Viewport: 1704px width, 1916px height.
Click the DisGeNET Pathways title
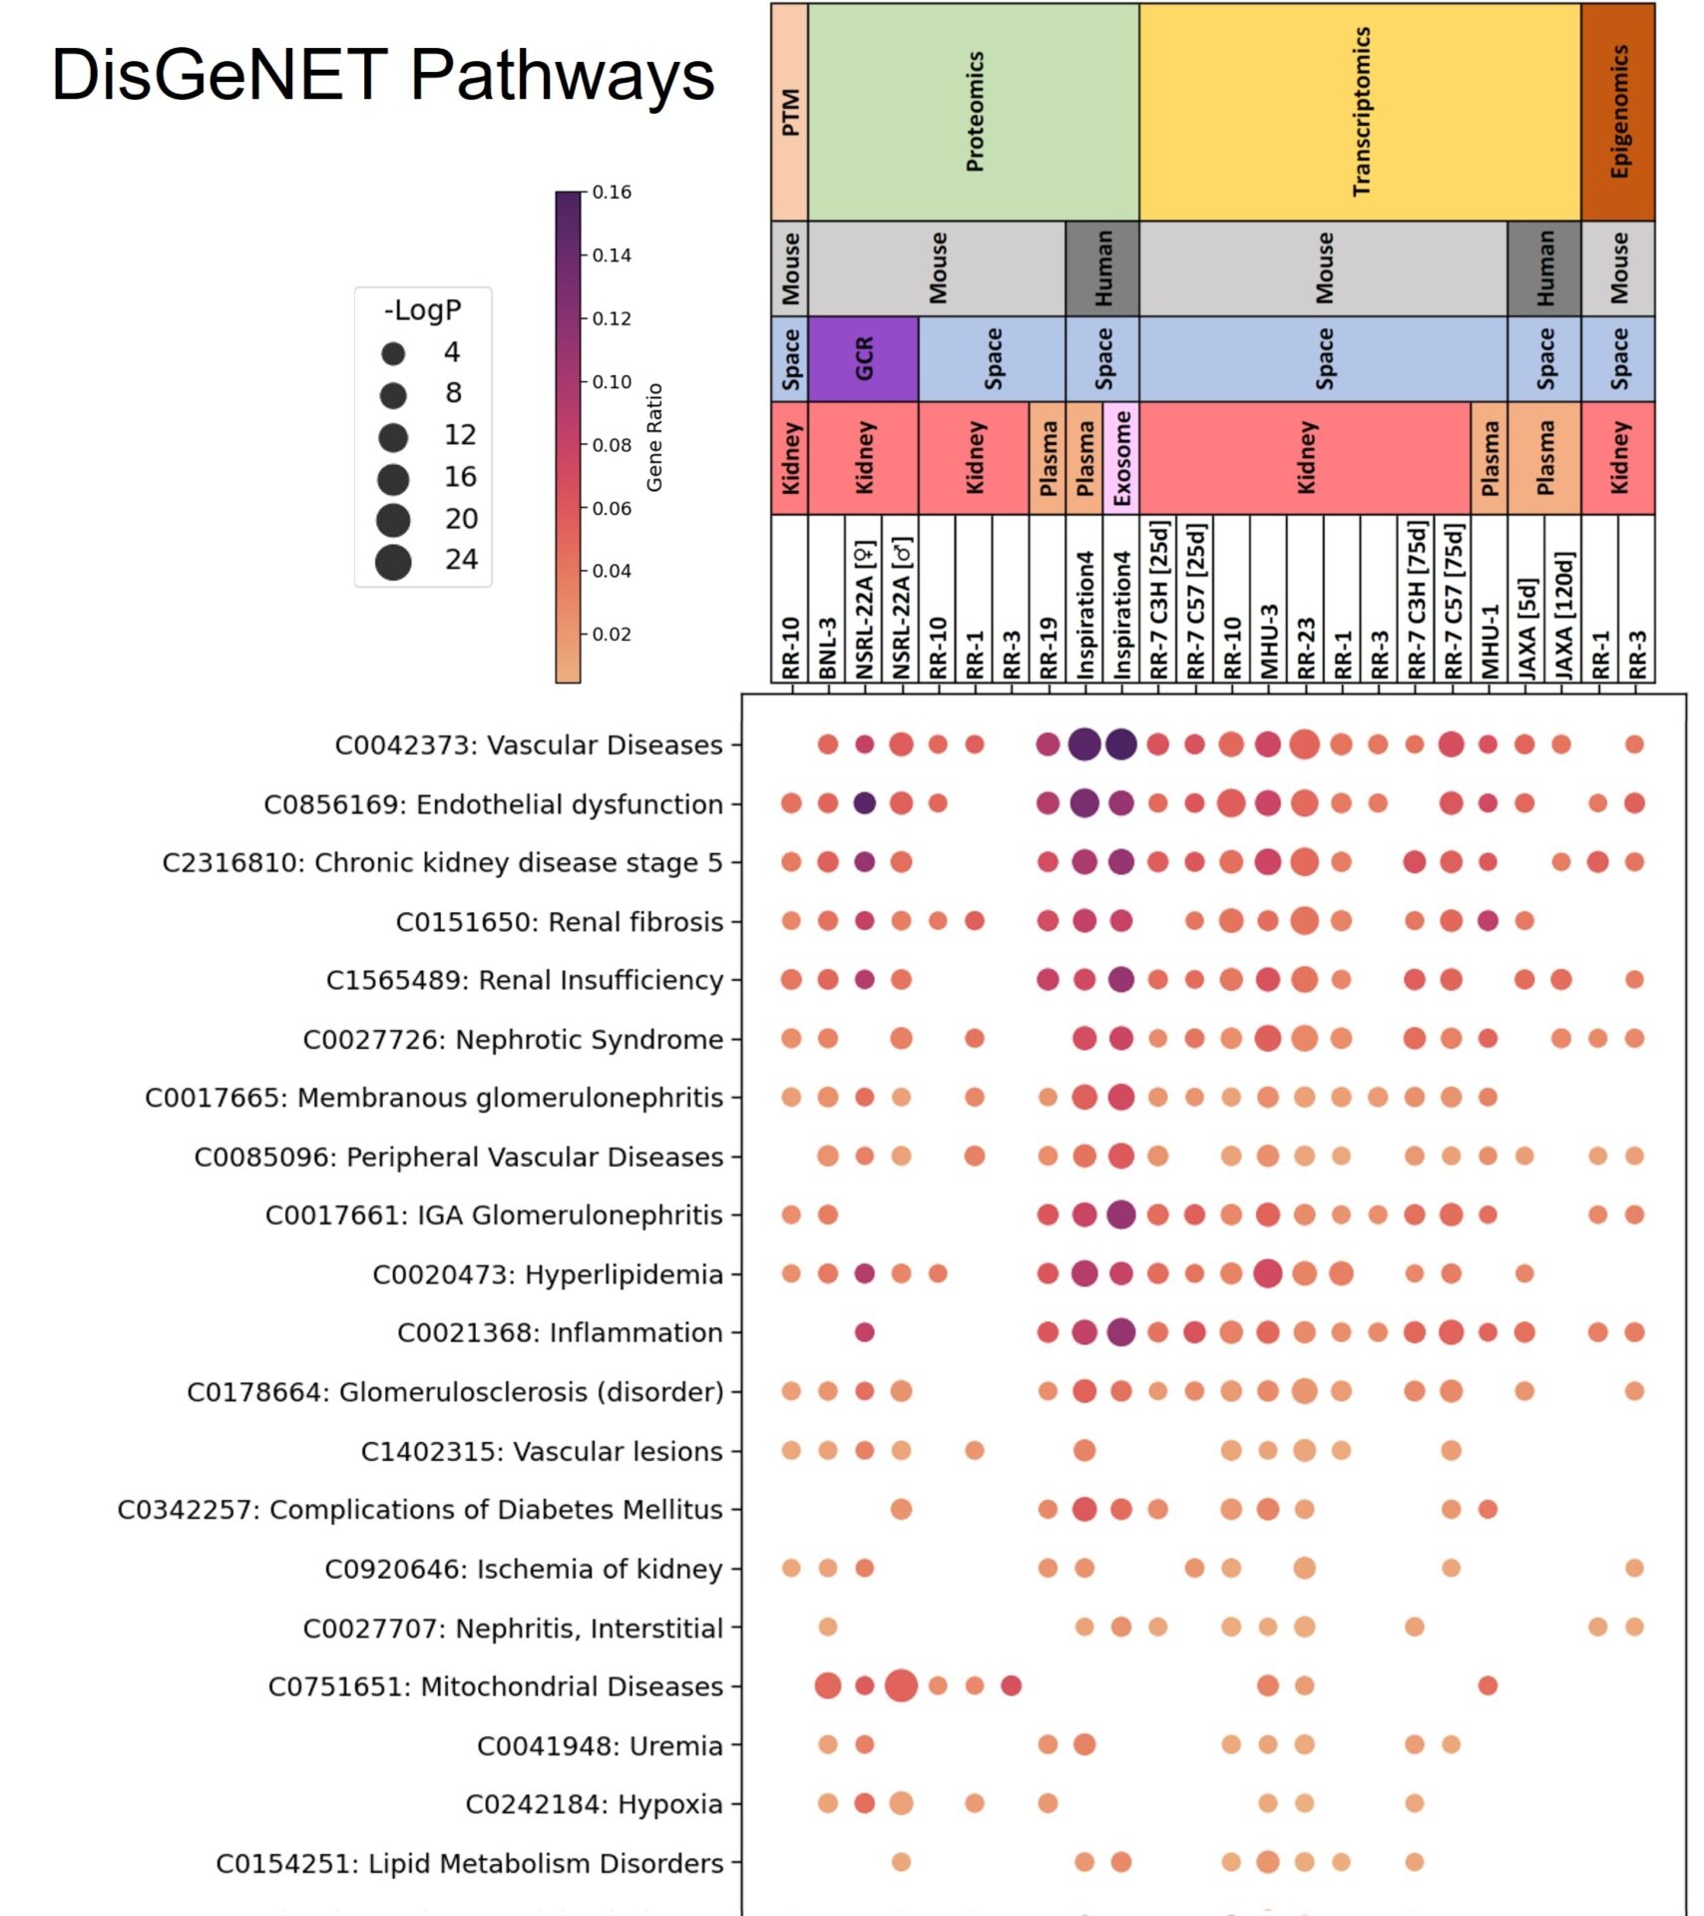tap(382, 75)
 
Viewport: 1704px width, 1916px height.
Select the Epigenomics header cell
tap(1617, 112)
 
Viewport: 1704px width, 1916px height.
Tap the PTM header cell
tap(789, 112)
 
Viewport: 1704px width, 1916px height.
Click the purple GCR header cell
tap(863, 358)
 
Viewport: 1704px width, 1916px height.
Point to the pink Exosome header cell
tap(1121, 458)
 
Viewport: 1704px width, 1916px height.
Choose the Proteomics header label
tap(974, 112)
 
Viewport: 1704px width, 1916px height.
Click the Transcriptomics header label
tap(1360, 112)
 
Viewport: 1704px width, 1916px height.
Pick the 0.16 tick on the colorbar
tap(611, 193)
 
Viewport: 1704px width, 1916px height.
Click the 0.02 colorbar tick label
tap(611, 635)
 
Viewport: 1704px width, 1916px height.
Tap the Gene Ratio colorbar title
tap(654, 437)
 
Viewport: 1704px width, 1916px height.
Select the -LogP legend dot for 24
tap(393, 562)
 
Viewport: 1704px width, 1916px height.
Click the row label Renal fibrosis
tap(559, 922)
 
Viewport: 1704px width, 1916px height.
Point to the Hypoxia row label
tap(594, 1804)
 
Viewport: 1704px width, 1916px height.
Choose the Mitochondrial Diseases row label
tap(495, 1686)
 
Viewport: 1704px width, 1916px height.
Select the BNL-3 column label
tap(827, 648)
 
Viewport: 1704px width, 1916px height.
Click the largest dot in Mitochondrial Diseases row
tap(901, 1685)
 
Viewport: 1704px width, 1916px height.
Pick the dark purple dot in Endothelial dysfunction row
tap(864, 802)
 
